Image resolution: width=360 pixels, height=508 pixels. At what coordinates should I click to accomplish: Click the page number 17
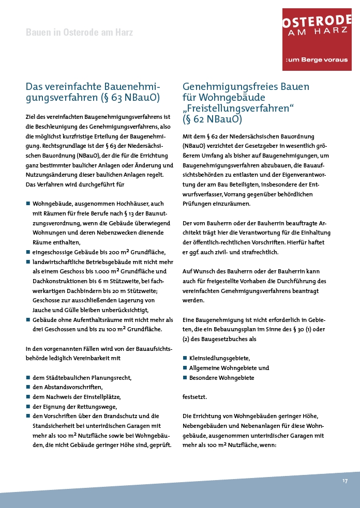(x=344, y=481)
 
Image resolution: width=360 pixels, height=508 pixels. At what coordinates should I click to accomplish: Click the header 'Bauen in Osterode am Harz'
(x=79, y=33)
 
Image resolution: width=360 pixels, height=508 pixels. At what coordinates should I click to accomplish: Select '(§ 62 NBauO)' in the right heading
(x=213, y=119)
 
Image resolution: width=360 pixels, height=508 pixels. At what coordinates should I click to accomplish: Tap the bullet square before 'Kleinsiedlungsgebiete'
(x=185, y=358)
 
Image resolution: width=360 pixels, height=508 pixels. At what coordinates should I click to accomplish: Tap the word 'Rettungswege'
(x=86, y=406)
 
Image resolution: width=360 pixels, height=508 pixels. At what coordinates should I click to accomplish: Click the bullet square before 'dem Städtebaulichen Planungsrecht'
(x=28, y=377)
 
